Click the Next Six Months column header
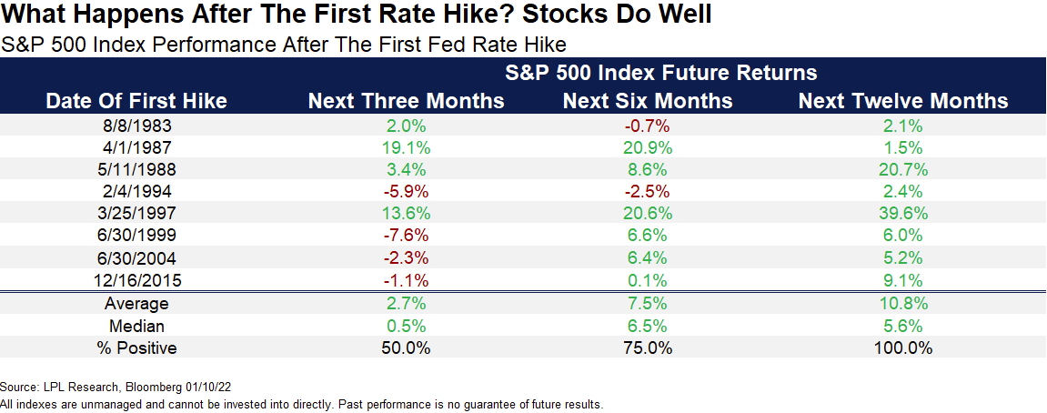[x=648, y=101]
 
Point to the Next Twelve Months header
[x=903, y=101]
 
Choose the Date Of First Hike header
[x=136, y=101]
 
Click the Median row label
[x=136, y=326]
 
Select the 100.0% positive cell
[x=903, y=348]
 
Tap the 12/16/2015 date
[x=136, y=280]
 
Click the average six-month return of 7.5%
[x=648, y=304]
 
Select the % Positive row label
[x=136, y=348]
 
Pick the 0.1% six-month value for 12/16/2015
[x=648, y=280]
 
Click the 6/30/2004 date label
[x=136, y=258]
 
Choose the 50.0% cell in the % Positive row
[x=407, y=348]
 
